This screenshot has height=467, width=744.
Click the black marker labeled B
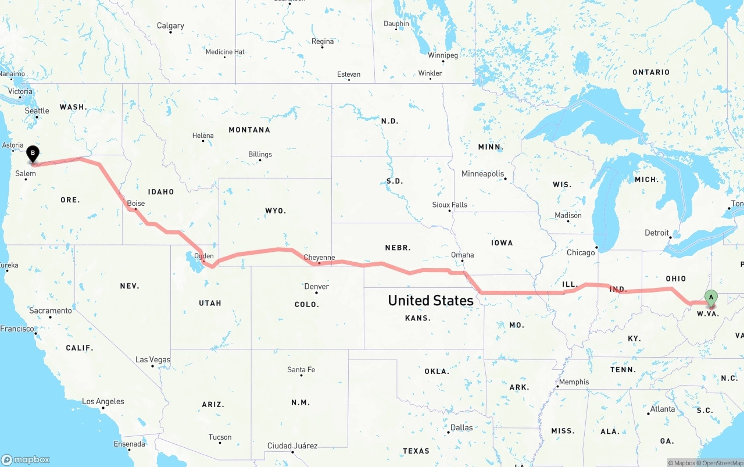pyautogui.click(x=33, y=154)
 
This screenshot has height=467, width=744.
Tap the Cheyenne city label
pyautogui.click(x=319, y=258)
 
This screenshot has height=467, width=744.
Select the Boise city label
pyautogui.click(x=136, y=204)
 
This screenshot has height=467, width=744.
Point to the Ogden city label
pyautogui.click(x=204, y=256)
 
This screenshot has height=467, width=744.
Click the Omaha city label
pyautogui.click(x=463, y=255)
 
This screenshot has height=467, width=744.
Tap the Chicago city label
pyautogui.click(x=581, y=252)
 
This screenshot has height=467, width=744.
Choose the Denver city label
pyautogui.click(x=317, y=286)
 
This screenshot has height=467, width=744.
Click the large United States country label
pyautogui.click(x=431, y=300)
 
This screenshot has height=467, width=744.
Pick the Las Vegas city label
pyautogui.click(x=153, y=359)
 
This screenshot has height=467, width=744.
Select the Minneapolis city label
pyautogui.click(x=482, y=174)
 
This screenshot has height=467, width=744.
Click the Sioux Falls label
pyautogui.click(x=450, y=205)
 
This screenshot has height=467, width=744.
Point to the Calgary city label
pyautogui.click(x=170, y=26)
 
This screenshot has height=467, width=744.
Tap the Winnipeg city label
pyautogui.click(x=443, y=55)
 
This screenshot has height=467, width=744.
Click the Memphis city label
pyautogui.click(x=574, y=382)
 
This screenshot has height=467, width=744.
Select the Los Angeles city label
pyautogui.click(x=103, y=401)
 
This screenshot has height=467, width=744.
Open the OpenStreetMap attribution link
pyautogui.click(x=722, y=463)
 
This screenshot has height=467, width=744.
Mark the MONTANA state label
pyautogui.click(x=249, y=130)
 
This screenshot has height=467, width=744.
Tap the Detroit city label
pyautogui.click(x=657, y=233)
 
